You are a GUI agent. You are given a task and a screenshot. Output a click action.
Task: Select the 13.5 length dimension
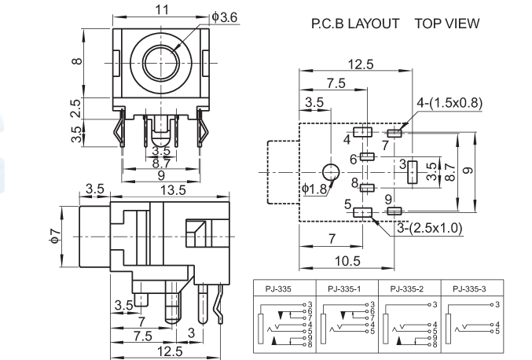coord(172,190)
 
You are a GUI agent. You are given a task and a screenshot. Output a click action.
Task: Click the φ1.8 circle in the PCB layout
coord(332,172)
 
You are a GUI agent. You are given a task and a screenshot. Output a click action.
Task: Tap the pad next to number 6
coord(368,156)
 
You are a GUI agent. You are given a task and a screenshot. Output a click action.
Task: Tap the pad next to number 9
coord(395,211)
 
